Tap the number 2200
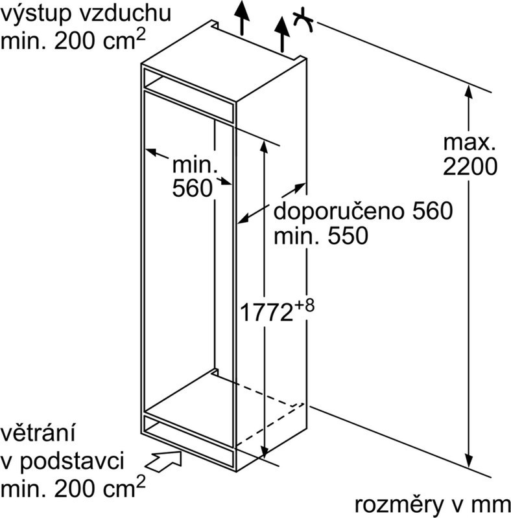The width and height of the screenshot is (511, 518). pyautogui.click(x=470, y=166)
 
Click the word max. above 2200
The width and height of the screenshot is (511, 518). pyautogui.click(x=469, y=142)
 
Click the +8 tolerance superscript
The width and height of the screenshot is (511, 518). pyautogui.click(x=304, y=306)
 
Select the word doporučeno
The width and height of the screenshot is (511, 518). pyautogui.click(x=338, y=211)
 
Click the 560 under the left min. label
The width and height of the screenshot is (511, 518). pyautogui.click(x=193, y=188)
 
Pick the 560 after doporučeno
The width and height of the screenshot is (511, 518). pyautogui.click(x=433, y=211)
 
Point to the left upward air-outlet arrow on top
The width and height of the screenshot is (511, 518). pyautogui.click(x=243, y=17)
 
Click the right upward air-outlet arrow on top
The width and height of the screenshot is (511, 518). pyautogui.click(x=282, y=34)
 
